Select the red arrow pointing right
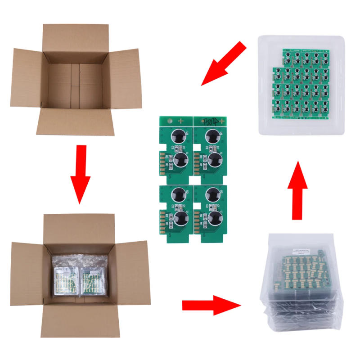211,305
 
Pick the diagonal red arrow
223,63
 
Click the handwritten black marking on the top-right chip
210,121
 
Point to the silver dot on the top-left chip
169,121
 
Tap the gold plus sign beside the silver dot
181,121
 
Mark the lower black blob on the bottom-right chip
214,219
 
